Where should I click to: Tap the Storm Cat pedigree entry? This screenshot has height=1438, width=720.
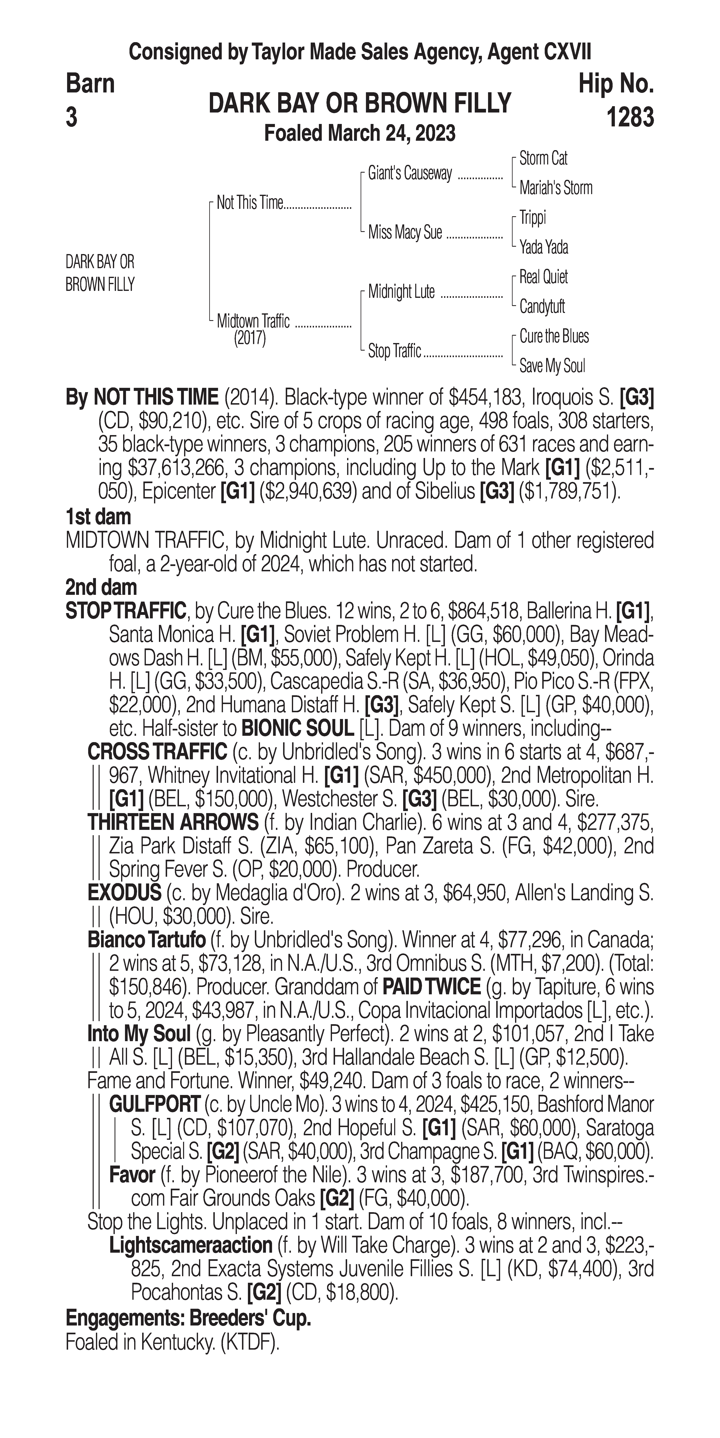(543, 159)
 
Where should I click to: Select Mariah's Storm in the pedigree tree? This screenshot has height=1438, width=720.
(555, 188)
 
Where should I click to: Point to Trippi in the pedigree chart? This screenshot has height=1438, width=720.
(532, 218)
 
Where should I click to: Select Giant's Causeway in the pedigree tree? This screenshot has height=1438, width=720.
(410, 174)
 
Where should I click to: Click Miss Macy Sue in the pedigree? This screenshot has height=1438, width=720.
(405, 232)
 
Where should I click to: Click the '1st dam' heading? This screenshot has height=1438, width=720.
(98, 516)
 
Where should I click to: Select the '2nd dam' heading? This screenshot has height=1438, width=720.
(101, 587)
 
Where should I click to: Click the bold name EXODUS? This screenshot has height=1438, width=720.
(124, 893)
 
